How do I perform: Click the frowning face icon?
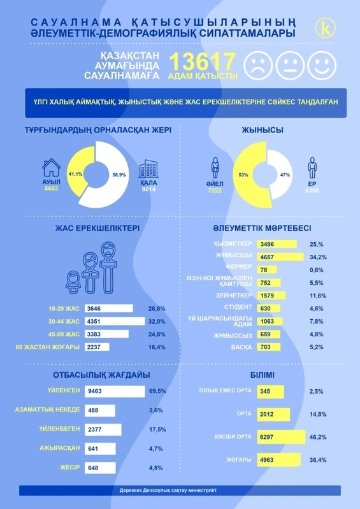click(x=256, y=65)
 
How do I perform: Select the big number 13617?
click(x=203, y=63)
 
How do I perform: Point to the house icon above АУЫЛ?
click(x=51, y=168)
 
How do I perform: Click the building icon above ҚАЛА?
click(x=148, y=169)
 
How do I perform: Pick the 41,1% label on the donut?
click(x=75, y=173)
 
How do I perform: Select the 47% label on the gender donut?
click(x=284, y=173)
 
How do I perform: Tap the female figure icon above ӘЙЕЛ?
click(x=215, y=168)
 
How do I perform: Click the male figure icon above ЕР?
click(x=312, y=168)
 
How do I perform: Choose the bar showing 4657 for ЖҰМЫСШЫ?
click(x=280, y=256)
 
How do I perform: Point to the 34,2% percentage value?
click(x=317, y=257)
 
